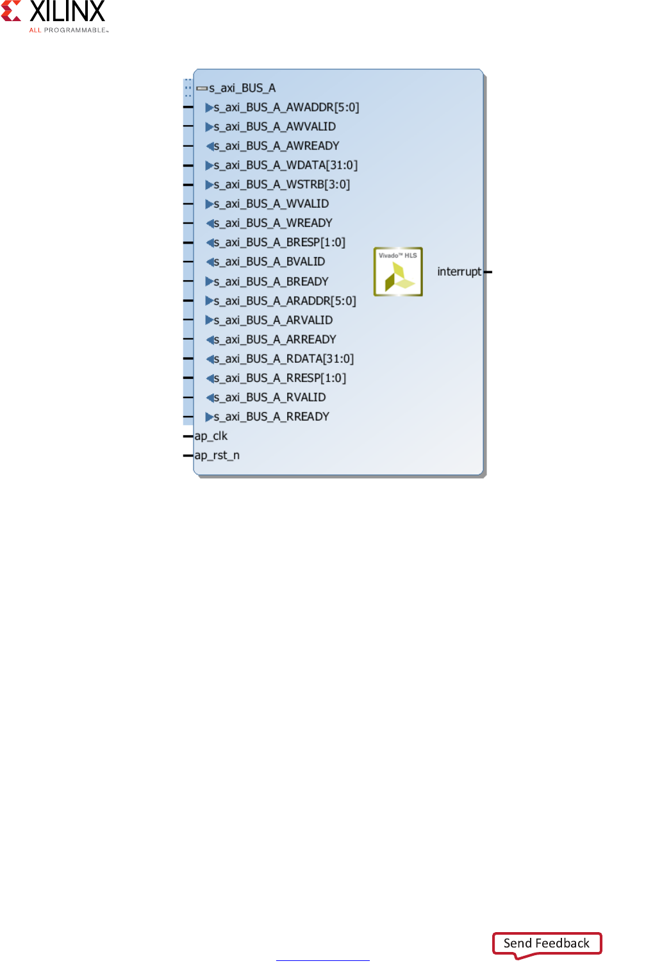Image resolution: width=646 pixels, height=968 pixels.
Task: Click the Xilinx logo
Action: point(54,15)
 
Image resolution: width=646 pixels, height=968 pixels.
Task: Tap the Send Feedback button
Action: point(547,943)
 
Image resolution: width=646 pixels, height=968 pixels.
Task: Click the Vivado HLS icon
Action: point(398,272)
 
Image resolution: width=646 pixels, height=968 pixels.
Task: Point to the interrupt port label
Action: point(459,272)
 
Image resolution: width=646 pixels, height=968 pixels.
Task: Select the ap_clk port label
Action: point(211,436)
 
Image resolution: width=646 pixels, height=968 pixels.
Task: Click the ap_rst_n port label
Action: point(217,455)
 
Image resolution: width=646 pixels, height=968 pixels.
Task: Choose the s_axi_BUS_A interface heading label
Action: point(242,88)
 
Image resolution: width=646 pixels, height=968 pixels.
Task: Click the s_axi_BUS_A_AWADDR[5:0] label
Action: point(286,107)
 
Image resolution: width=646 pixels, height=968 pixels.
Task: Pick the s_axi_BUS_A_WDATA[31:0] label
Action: point(286,165)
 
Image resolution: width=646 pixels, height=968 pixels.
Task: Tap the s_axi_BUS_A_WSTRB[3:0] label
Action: point(282,185)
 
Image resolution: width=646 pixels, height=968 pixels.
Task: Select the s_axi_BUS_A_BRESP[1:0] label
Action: point(279,242)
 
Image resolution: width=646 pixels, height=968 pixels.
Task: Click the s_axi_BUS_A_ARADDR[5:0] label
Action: point(285,301)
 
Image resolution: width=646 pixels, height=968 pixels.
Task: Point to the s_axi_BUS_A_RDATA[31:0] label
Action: point(284,359)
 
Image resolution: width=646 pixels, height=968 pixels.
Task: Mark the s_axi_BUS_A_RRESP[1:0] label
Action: point(280,378)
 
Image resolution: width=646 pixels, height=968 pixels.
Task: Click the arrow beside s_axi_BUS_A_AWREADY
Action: point(209,146)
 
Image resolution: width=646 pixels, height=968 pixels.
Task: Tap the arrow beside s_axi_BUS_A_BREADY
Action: point(209,281)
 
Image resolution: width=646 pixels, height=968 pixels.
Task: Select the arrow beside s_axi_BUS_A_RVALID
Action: point(209,397)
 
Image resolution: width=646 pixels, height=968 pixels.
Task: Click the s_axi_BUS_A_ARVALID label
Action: point(273,320)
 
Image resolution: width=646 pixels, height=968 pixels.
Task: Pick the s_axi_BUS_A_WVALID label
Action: point(271,204)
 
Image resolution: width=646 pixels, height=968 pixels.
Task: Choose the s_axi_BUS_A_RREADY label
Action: point(272,417)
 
